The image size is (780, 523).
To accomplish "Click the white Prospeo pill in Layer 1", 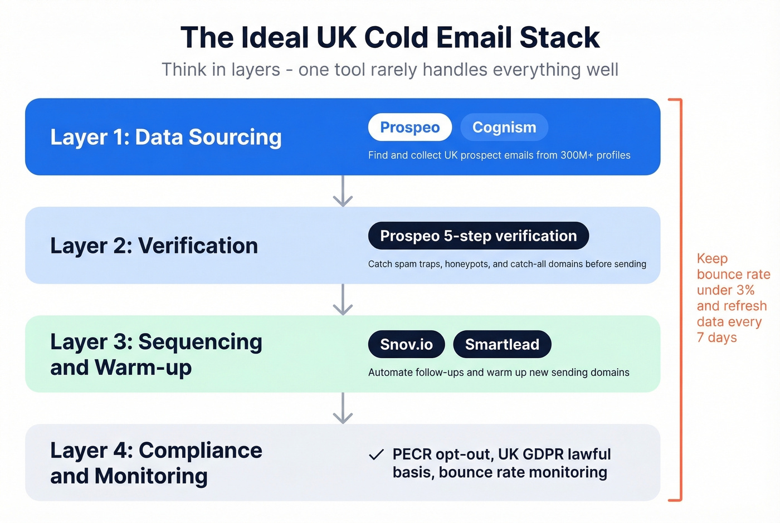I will [x=409, y=128].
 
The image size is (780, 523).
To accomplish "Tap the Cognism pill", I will [x=504, y=128].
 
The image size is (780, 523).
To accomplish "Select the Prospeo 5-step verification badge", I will [x=478, y=236].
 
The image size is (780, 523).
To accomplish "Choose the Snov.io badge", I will [x=406, y=345].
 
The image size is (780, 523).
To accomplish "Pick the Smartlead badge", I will [x=502, y=345].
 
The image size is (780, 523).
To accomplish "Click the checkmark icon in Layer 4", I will [x=377, y=455].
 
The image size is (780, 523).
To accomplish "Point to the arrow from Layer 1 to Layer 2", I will [x=343, y=191].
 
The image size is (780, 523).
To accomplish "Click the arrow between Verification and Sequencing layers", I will [x=343, y=300].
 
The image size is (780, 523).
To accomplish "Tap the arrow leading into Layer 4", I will [x=343, y=408].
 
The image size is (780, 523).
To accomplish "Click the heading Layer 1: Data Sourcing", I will [x=166, y=137].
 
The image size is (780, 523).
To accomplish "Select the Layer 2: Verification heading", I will [x=154, y=246].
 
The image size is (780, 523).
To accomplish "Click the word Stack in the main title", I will [x=559, y=38].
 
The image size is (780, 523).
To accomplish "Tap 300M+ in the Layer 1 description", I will [x=577, y=155].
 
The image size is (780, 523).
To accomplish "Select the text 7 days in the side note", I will [x=716, y=338].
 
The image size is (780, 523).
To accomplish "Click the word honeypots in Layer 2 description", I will [x=466, y=264].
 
